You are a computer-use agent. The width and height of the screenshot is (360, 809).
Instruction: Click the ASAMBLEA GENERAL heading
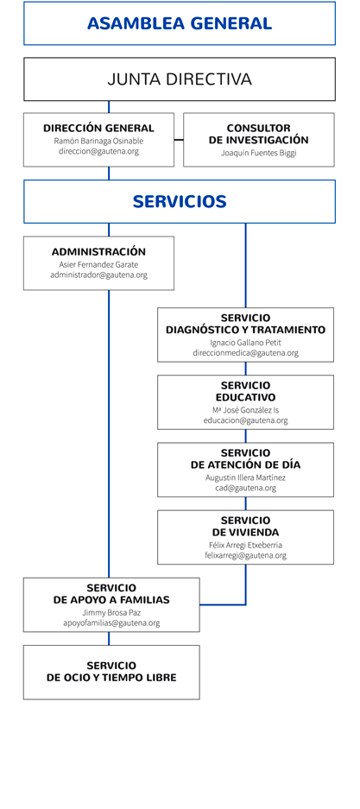pyautogui.click(x=180, y=23)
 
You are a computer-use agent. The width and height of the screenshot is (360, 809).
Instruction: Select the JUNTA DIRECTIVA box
pyautogui.click(x=180, y=79)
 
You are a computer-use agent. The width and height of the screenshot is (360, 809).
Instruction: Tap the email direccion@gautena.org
pyautogui.click(x=98, y=152)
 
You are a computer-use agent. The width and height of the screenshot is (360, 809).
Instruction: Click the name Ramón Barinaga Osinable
pyautogui.click(x=98, y=141)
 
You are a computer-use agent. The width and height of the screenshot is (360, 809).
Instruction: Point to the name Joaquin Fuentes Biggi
pyautogui.click(x=259, y=153)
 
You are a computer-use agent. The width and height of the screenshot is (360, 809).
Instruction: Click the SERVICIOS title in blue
pyautogui.click(x=180, y=201)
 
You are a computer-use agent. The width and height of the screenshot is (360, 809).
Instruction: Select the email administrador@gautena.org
pyautogui.click(x=98, y=275)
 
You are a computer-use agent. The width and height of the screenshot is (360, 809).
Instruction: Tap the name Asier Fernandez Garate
pyautogui.click(x=98, y=264)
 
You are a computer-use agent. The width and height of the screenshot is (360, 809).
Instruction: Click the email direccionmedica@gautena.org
pyautogui.click(x=245, y=353)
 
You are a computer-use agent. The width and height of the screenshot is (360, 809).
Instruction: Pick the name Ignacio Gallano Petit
pyautogui.click(x=245, y=342)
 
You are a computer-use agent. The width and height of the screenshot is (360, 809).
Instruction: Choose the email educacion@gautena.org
pyautogui.click(x=245, y=420)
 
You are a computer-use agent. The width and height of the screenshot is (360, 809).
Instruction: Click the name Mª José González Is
pyautogui.click(x=245, y=409)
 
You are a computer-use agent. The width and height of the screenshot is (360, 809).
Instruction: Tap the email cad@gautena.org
pyautogui.click(x=245, y=488)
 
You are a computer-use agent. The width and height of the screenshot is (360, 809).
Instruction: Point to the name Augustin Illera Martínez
pyautogui.click(x=245, y=477)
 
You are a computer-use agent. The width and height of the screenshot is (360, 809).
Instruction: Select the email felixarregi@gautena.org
pyautogui.click(x=245, y=556)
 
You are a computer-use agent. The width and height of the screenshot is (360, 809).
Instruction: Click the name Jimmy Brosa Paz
pyautogui.click(x=111, y=612)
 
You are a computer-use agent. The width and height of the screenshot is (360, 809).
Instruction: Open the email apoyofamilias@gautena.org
pyautogui.click(x=111, y=623)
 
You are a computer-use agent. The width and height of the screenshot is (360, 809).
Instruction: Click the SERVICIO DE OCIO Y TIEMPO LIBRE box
pyautogui.click(x=111, y=673)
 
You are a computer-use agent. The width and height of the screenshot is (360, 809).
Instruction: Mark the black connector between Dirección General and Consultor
pyautogui.click(x=179, y=139)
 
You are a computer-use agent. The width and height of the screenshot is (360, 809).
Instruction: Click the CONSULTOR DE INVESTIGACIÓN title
pyautogui.click(x=259, y=134)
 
